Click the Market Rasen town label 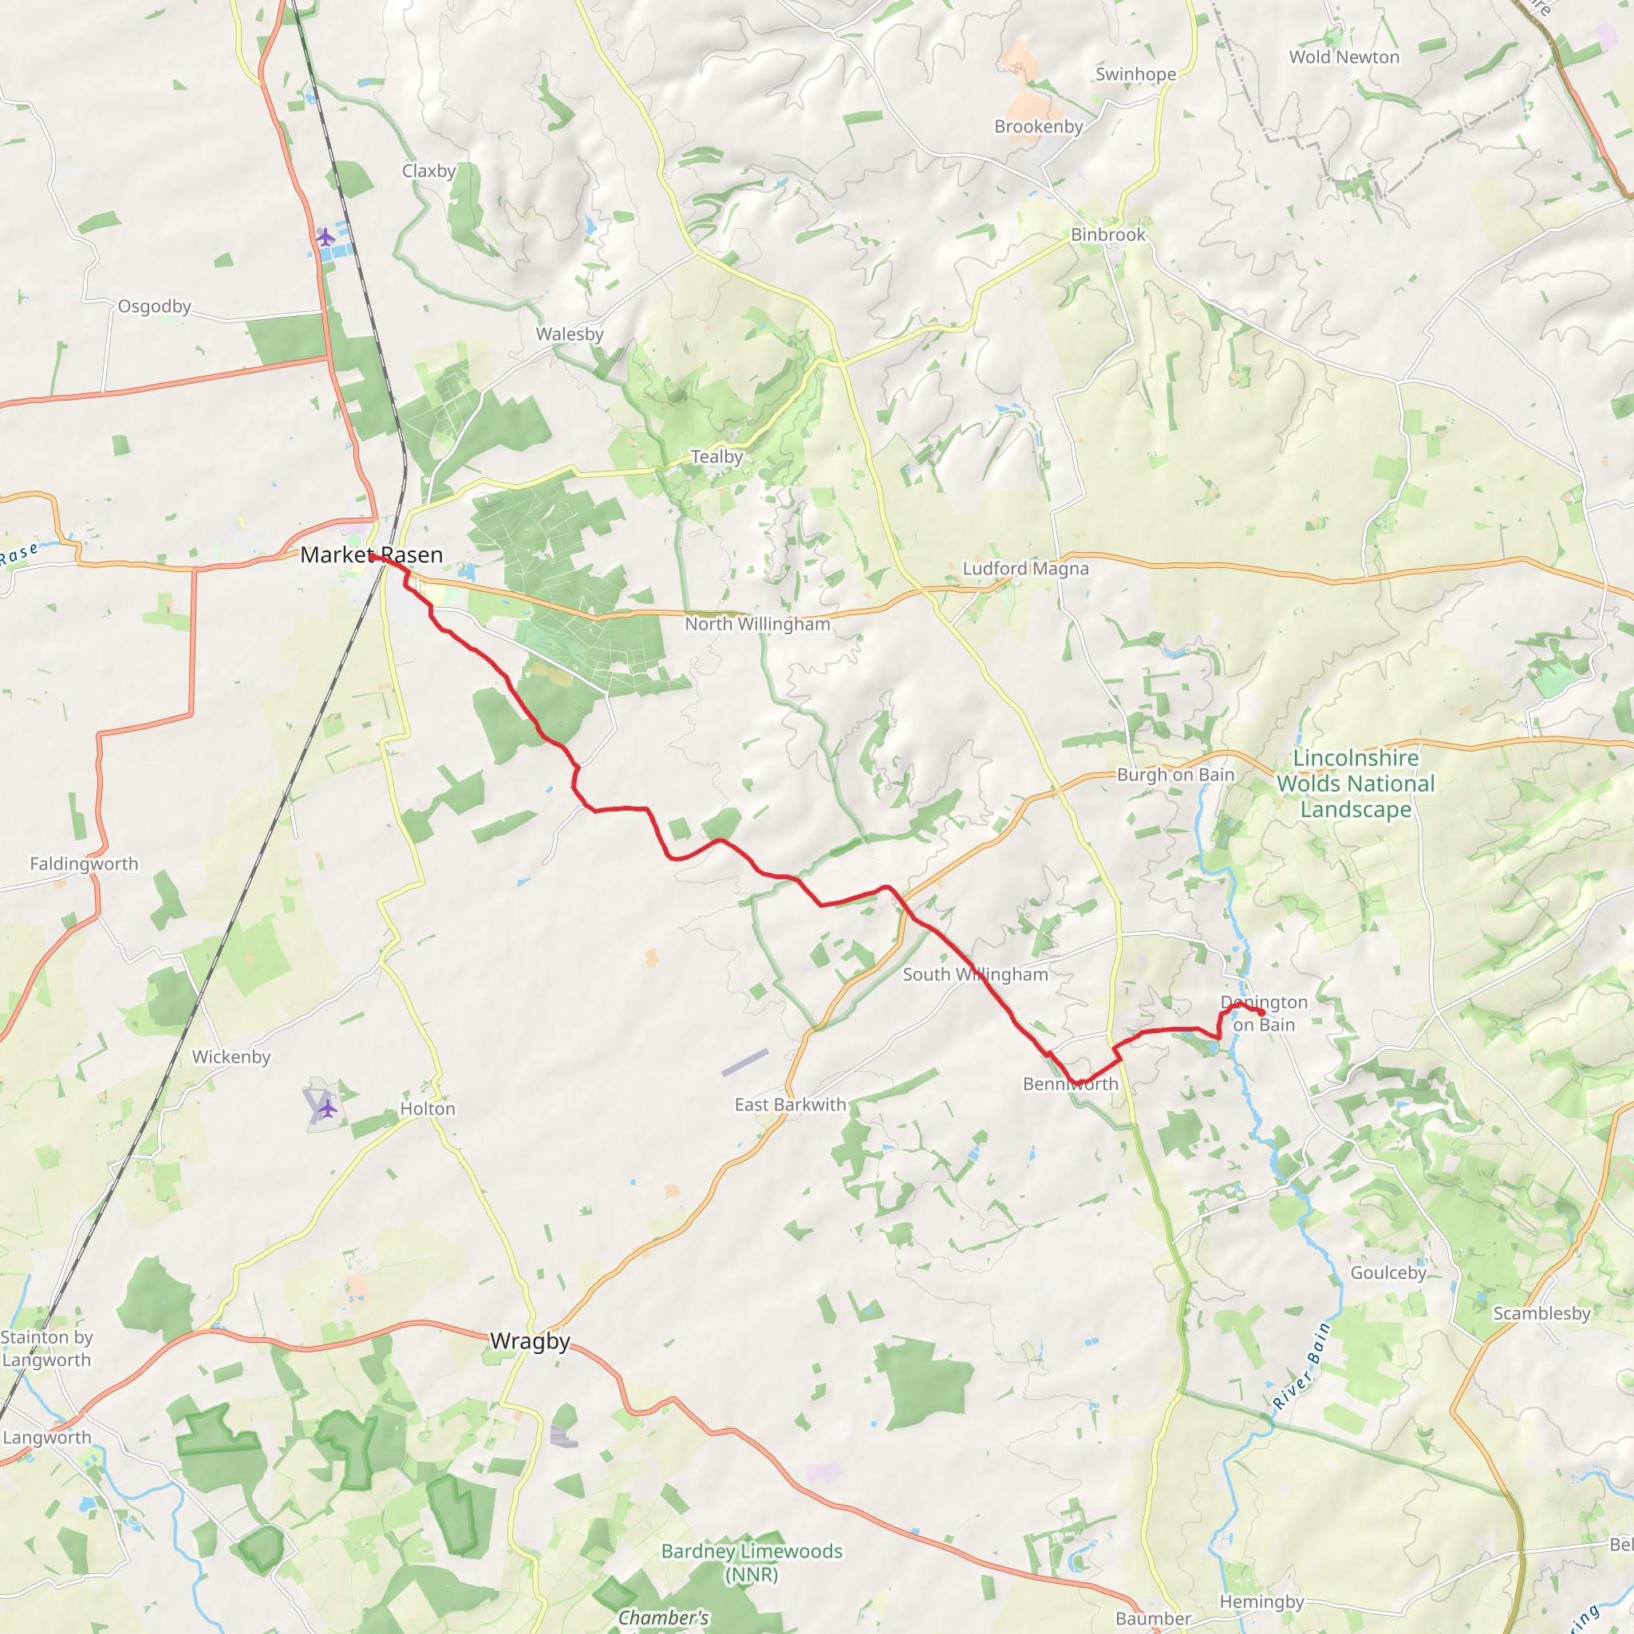tap(371, 555)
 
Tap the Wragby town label tap(531, 1340)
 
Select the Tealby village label tap(716, 456)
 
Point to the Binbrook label tap(1108, 235)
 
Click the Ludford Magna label tap(1025, 568)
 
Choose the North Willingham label tap(757, 624)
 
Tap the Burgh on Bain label tap(1174, 775)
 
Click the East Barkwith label tap(790, 1104)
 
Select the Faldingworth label tap(84, 863)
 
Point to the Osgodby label tap(154, 306)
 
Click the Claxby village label tap(428, 171)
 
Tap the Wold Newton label tap(1344, 57)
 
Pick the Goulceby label tap(1388, 1273)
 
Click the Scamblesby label tap(1541, 1313)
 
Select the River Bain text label tap(1301, 1367)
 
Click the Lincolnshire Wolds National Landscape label tap(1355, 784)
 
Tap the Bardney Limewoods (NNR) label tap(751, 1562)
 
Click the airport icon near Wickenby tap(327, 1108)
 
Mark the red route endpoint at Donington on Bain tap(1260, 1012)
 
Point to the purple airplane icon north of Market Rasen tap(325, 237)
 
